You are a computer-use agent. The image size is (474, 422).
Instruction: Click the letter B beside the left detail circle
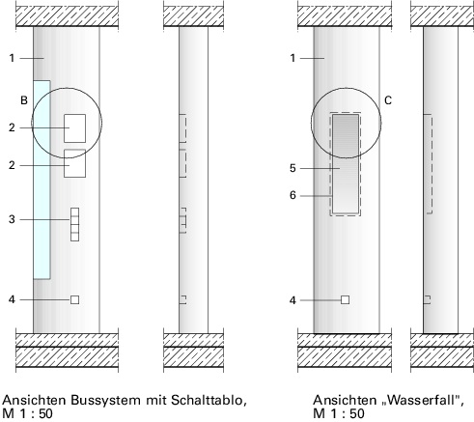click(24, 100)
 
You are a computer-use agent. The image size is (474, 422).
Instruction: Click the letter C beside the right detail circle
click(388, 100)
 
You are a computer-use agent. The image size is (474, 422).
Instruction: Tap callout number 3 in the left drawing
click(12, 219)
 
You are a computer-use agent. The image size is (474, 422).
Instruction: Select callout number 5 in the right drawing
click(293, 168)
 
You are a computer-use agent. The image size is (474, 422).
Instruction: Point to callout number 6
click(293, 195)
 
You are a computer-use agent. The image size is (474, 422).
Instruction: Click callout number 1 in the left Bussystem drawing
click(12, 58)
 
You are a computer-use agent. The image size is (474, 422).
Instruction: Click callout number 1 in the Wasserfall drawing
click(293, 58)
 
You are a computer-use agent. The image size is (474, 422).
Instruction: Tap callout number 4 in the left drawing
click(12, 299)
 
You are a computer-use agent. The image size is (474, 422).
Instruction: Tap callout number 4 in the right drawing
click(293, 300)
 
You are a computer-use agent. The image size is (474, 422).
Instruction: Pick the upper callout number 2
click(12, 127)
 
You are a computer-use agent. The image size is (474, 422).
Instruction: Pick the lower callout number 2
click(12, 165)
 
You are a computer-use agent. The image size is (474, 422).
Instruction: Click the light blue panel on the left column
click(42, 180)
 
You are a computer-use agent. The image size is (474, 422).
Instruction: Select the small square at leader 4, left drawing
click(74, 299)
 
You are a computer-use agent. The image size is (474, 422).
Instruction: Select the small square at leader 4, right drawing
click(345, 299)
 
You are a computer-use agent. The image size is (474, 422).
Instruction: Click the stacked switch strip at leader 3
click(74, 224)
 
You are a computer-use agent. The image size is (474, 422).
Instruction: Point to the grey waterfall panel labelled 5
click(346, 164)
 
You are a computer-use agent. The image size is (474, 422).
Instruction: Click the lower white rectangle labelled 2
click(74, 163)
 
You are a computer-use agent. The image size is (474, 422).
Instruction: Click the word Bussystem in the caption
click(105, 401)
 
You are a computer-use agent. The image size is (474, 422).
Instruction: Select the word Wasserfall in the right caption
click(422, 400)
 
